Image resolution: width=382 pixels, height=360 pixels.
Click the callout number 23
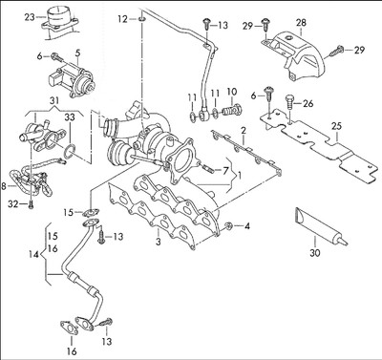tap(30, 16)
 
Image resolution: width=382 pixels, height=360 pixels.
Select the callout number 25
tap(336, 125)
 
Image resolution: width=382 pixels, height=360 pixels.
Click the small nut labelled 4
tap(229, 226)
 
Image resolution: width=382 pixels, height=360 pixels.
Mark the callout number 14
tap(33, 254)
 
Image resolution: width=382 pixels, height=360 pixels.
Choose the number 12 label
tap(121, 18)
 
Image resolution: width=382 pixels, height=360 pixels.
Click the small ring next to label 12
tap(141, 17)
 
